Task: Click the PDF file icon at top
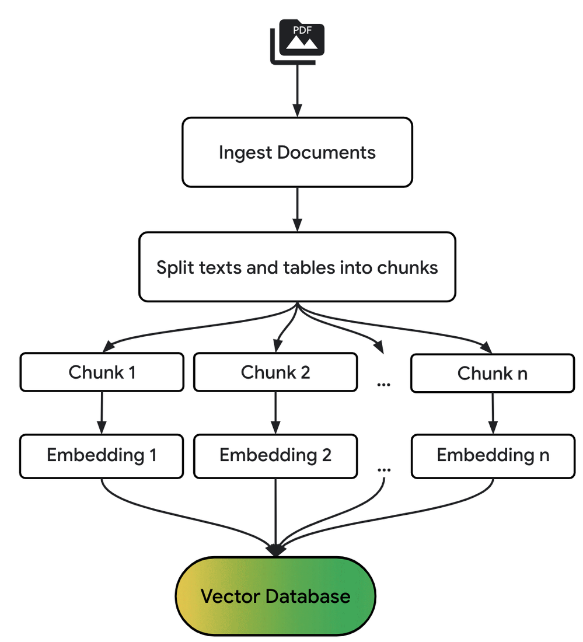click(x=298, y=40)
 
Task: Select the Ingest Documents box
click(x=297, y=152)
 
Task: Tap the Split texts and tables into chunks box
click(x=297, y=267)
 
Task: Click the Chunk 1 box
click(x=102, y=372)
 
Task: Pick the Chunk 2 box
click(x=275, y=372)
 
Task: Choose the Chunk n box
click(x=493, y=373)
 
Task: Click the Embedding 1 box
click(x=102, y=455)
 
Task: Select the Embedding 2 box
click(x=275, y=455)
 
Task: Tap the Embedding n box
click(x=493, y=455)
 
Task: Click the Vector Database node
click(x=275, y=596)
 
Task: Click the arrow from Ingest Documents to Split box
click(x=298, y=209)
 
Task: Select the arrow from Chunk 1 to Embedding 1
click(x=102, y=412)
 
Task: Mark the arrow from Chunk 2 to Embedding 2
click(x=275, y=412)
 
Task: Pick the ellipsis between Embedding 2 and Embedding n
click(x=383, y=469)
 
